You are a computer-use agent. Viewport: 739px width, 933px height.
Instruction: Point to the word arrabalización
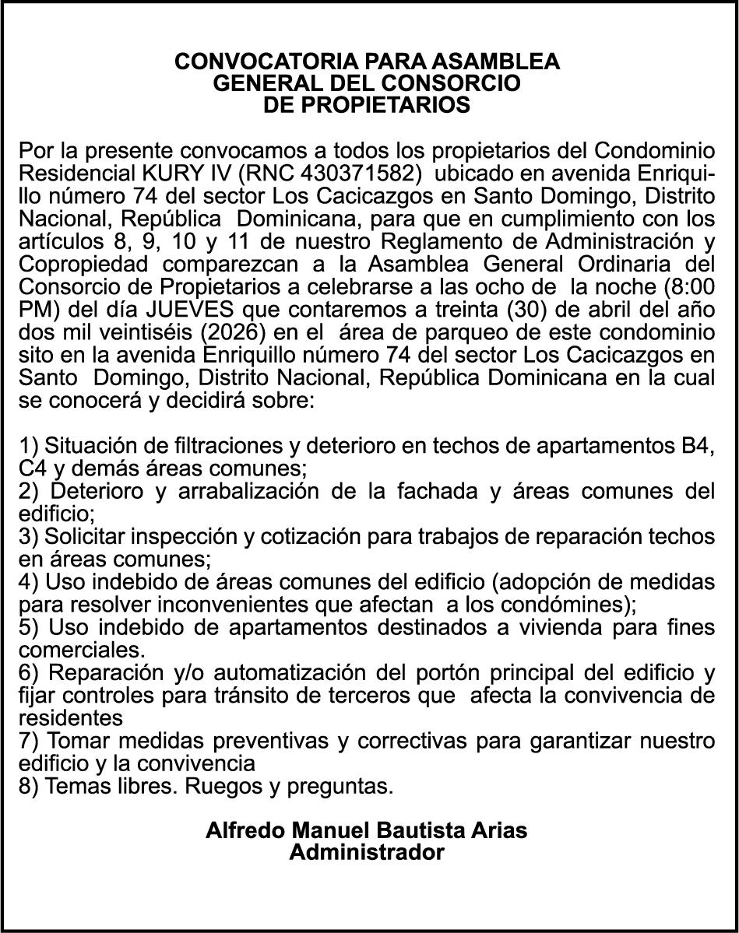coord(238,492)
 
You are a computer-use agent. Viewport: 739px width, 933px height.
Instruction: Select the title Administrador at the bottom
coord(367,853)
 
